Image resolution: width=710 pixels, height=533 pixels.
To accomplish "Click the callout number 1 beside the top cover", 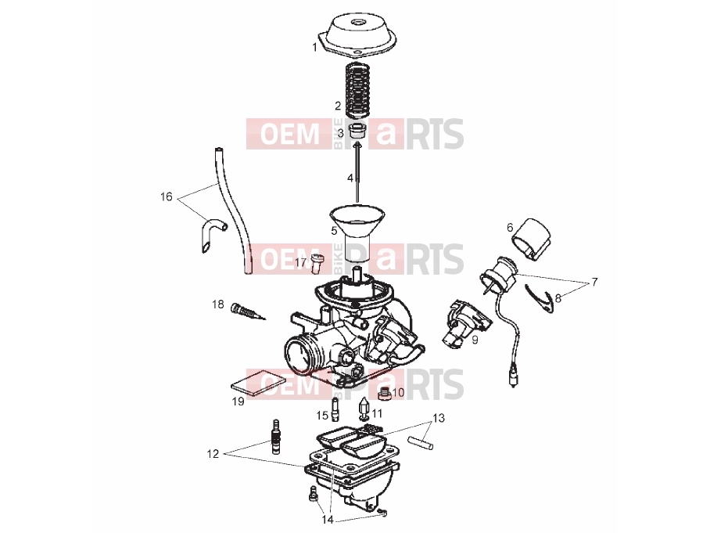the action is click(314, 47).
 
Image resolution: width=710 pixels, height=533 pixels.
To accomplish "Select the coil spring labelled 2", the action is click(358, 89).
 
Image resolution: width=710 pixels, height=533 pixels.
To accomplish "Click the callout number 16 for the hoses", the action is click(167, 196).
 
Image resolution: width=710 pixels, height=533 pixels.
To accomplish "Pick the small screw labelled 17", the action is click(318, 264).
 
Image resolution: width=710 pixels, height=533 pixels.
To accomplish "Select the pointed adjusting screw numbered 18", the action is click(248, 313).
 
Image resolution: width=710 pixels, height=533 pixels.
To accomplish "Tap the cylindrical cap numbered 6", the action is click(532, 239).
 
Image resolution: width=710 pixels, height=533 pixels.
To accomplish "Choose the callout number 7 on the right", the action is click(594, 282).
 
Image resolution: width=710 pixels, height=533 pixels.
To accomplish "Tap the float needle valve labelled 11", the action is click(364, 408).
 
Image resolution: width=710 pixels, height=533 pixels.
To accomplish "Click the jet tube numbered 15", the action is click(335, 409).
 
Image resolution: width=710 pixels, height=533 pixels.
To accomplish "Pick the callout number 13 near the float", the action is click(439, 417).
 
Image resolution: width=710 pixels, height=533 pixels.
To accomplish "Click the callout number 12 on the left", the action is click(213, 454).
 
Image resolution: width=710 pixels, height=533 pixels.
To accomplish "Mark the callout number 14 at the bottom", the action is click(328, 520).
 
